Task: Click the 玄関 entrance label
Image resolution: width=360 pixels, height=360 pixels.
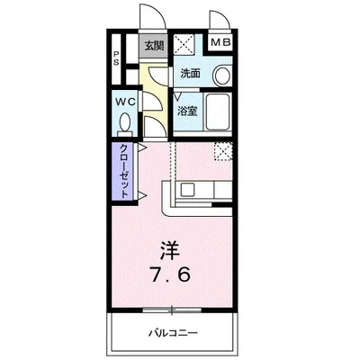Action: tap(153, 46)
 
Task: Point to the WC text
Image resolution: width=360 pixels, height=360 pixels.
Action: tap(125, 102)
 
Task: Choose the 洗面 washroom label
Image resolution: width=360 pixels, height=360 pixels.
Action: tap(189, 73)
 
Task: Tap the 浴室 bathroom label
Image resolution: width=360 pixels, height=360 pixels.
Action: tap(186, 111)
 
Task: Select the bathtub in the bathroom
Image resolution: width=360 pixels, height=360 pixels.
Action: tap(219, 111)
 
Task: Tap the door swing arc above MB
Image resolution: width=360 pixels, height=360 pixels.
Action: tap(219, 20)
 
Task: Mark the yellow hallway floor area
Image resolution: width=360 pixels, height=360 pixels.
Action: tap(156, 99)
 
